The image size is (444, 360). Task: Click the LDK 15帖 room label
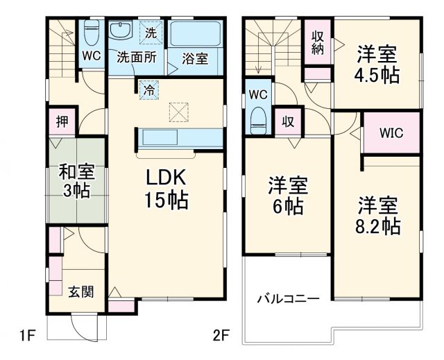point(166,188)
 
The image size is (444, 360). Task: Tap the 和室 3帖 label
point(77,181)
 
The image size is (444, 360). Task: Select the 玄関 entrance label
point(81,292)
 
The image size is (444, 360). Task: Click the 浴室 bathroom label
point(195,58)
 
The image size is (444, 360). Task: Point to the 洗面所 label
point(137,58)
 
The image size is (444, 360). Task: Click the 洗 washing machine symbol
point(151,33)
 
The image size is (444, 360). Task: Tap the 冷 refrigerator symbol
point(149,90)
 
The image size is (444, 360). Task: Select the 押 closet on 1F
point(62,121)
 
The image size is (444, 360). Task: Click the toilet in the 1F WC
point(92,33)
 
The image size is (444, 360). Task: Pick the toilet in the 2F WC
point(258,121)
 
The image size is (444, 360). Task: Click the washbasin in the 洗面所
point(121,31)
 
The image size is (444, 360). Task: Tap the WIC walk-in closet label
point(391,132)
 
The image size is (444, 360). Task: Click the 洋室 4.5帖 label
point(377,65)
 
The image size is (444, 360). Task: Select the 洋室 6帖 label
point(288,196)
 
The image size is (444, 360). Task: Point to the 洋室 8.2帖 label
point(377,216)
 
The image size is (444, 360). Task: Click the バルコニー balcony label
point(289,298)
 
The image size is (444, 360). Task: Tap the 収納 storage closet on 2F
point(318,42)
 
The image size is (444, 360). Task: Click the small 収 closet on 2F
point(288,122)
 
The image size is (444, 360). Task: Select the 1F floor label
point(27,336)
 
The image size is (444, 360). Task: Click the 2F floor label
point(221,336)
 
